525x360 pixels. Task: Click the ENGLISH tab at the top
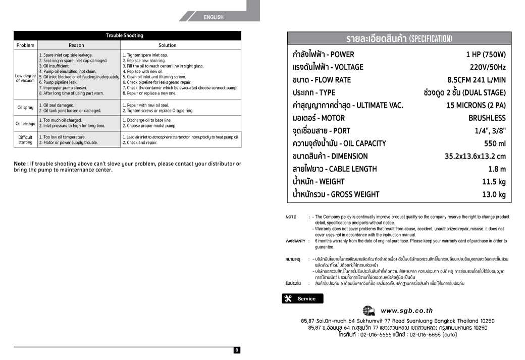click(214, 17)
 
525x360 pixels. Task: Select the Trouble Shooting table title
click(125, 36)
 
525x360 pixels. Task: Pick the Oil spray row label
click(25, 108)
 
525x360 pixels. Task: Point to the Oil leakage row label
click(25, 123)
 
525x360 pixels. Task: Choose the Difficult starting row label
click(25, 139)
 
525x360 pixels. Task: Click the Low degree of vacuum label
click(25, 78)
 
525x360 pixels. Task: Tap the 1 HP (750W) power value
click(486, 55)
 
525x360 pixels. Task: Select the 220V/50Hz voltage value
click(488, 67)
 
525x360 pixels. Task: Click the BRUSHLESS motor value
click(487, 118)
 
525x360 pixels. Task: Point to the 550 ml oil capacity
click(495, 143)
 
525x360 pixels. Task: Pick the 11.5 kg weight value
click(494, 182)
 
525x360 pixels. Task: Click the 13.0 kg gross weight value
click(494, 194)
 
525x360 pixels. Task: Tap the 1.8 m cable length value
click(497, 169)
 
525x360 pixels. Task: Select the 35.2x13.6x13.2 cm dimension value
click(475, 157)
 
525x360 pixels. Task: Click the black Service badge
click(302, 298)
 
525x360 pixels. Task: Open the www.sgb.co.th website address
click(406, 311)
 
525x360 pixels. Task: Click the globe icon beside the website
click(369, 311)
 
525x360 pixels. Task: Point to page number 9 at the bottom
click(237, 350)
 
